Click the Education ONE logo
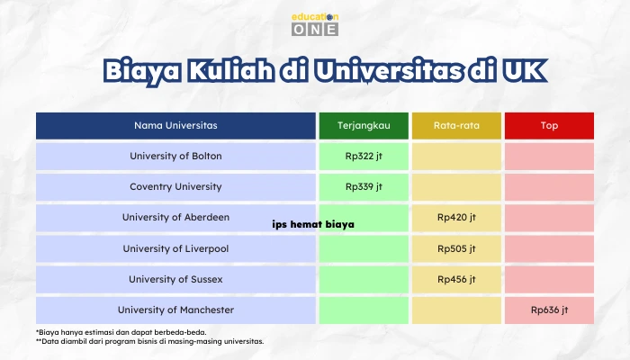[x=315, y=24]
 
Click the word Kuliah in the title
[x=231, y=71]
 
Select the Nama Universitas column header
[x=175, y=126]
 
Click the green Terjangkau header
[x=364, y=126]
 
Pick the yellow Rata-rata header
[x=456, y=126]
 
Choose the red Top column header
[x=549, y=126]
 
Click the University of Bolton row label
[x=175, y=157]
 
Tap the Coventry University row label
[x=175, y=187]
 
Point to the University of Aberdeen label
[x=175, y=218]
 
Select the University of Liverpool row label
[x=175, y=248]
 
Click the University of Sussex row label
[x=175, y=279]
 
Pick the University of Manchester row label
[x=175, y=310]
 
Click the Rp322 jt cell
[x=364, y=157]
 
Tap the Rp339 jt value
[x=364, y=187]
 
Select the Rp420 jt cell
[x=456, y=218]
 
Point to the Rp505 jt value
[x=456, y=248]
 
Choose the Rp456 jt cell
[x=456, y=279]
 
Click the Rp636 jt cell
[x=549, y=310]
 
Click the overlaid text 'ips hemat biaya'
[x=313, y=224]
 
